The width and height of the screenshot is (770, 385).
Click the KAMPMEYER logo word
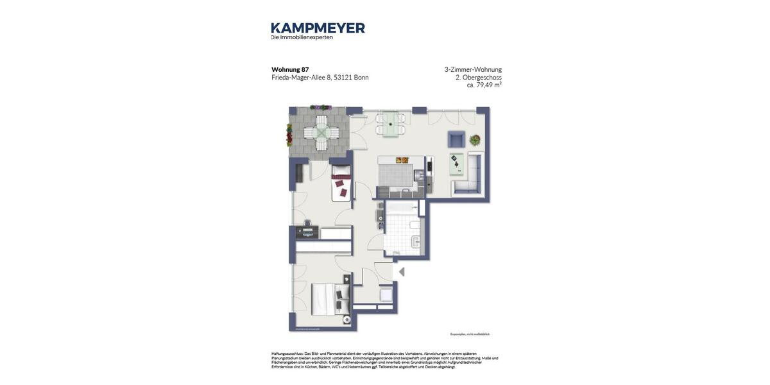coord(318,28)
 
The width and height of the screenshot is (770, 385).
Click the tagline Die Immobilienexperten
coord(302,37)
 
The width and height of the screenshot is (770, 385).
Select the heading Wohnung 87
coord(290,69)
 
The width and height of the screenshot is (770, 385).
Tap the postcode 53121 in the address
coord(343,78)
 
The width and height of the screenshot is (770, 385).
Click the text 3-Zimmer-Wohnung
coord(473,69)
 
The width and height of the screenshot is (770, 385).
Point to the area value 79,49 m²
coord(488,85)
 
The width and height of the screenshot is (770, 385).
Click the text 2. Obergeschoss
coord(479,77)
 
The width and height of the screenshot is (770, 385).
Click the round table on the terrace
coord(321,132)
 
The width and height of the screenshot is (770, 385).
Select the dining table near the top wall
coord(391,123)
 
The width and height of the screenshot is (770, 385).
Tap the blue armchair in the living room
coord(456,139)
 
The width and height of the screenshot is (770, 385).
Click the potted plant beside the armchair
coord(475,139)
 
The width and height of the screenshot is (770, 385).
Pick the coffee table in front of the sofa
coord(456,163)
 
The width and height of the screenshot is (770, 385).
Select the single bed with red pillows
coord(341,183)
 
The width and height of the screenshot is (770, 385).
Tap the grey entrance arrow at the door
coord(402,272)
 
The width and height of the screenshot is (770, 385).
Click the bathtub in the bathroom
coord(402,209)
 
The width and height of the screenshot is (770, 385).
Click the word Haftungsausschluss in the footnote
coord(287,354)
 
